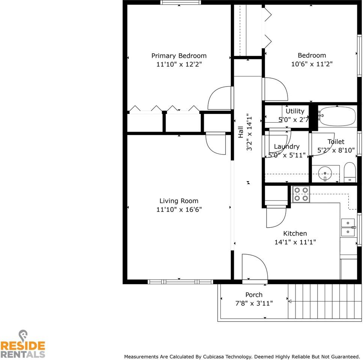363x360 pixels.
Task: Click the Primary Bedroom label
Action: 179,56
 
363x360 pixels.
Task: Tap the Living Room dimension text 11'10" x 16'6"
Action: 179,210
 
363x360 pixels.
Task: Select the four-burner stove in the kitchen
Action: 301,194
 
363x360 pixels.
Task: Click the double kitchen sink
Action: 348,227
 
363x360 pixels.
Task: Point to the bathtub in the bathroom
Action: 337,116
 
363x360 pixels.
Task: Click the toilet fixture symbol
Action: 350,172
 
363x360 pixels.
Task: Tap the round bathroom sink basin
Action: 325,174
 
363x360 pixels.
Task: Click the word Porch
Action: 254,295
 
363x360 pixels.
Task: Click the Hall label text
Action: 241,132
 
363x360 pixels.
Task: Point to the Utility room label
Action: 295,111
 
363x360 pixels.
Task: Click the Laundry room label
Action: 286,147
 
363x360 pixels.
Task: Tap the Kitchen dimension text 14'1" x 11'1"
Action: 295,242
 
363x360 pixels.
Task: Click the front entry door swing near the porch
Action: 255,267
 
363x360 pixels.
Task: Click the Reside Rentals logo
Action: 23,344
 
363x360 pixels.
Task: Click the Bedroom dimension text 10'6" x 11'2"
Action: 312,64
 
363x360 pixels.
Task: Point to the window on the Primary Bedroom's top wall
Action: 180,3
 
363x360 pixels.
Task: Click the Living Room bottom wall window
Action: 180,282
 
